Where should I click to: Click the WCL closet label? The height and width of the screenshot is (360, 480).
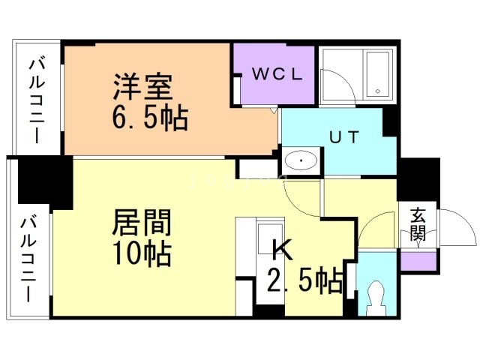coord(276,74)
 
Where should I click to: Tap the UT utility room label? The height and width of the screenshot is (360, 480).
coord(344,138)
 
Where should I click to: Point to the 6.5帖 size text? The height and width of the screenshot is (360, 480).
coord(151,118)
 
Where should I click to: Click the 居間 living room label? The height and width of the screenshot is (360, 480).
coord(142,223)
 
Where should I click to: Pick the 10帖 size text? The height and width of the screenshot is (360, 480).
coord(142,253)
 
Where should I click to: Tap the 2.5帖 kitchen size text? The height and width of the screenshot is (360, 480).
coord(304,282)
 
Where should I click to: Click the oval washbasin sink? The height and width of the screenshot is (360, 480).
coord(301,161)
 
